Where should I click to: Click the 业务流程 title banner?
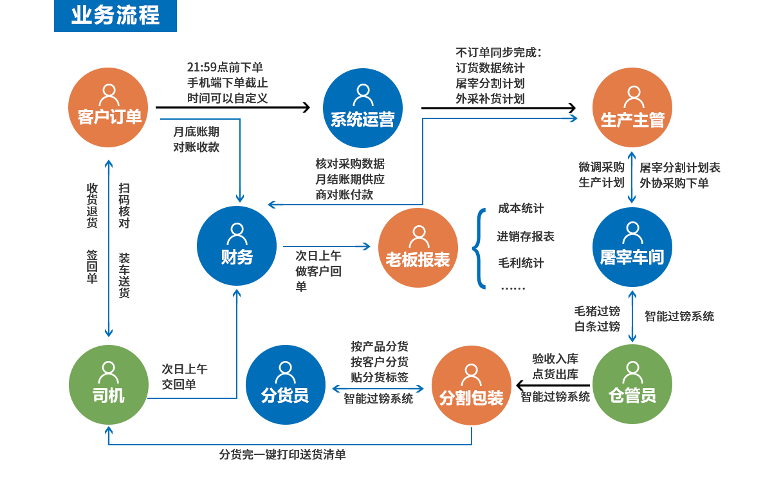(115, 15)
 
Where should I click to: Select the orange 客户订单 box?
(108, 107)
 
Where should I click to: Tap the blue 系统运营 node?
(362, 108)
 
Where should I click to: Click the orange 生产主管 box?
(632, 107)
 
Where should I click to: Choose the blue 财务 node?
(237, 246)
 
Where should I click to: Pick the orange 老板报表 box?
(418, 248)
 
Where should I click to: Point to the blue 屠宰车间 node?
(632, 247)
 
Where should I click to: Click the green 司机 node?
(108, 385)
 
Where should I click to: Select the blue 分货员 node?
(285, 385)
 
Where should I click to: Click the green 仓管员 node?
(632, 385)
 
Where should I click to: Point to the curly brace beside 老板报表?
(479, 248)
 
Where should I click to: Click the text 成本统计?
(520, 209)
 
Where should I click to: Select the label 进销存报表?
(525, 236)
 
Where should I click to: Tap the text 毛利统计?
(520, 263)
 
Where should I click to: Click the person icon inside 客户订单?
(109, 95)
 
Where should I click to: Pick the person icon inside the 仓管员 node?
(632, 371)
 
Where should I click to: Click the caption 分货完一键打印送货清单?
(282, 454)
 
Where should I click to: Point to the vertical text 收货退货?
(92, 205)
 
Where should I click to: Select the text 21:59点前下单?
(225, 67)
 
